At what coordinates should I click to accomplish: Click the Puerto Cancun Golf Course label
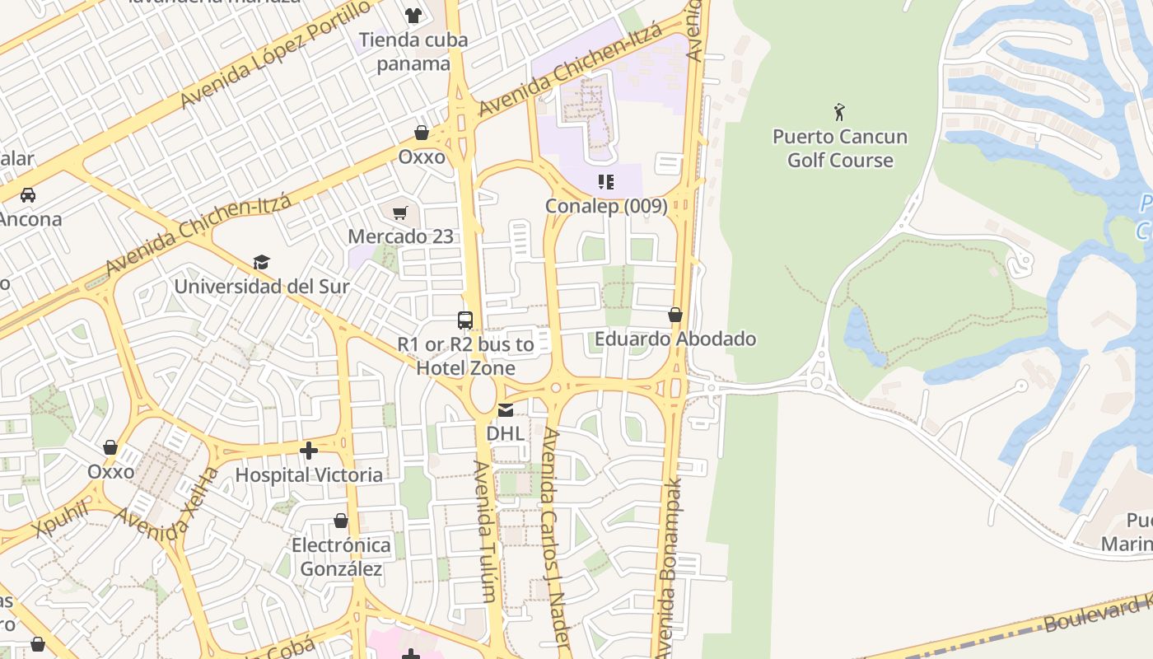pyautogui.click(x=840, y=148)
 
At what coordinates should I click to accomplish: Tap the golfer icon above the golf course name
pyautogui.click(x=839, y=112)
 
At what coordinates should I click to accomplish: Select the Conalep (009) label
pyautogui.click(x=606, y=206)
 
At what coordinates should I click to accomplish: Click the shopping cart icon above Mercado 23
pyautogui.click(x=400, y=213)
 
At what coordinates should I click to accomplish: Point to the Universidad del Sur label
pyautogui.click(x=262, y=287)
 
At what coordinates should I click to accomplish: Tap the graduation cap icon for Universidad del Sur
pyautogui.click(x=261, y=262)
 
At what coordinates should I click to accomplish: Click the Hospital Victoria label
pyautogui.click(x=309, y=475)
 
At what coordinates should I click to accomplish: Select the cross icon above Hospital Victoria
pyautogui.click(x=309, y=451)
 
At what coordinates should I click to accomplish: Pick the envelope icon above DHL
pyautogui.click(x=506, y=409)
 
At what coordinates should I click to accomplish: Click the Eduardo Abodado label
pyautogui.click(x=675, y=339)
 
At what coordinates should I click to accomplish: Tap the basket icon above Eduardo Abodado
pyautogui.click(x=675, y=315)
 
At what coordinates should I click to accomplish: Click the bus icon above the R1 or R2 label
pyautogui.click(x=465, y=320)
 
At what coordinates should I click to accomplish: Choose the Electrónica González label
pyautogui.click(x=341, y=557)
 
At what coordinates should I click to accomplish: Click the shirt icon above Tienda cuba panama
pyautogui.click(x=413, y=15)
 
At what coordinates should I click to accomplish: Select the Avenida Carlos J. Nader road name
pyautogui.click(x=555, y=535)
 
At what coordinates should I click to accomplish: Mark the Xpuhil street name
pyautogui.click(x=61, y=516)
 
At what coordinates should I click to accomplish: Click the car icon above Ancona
pyautogui.click(x=28, y=195)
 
